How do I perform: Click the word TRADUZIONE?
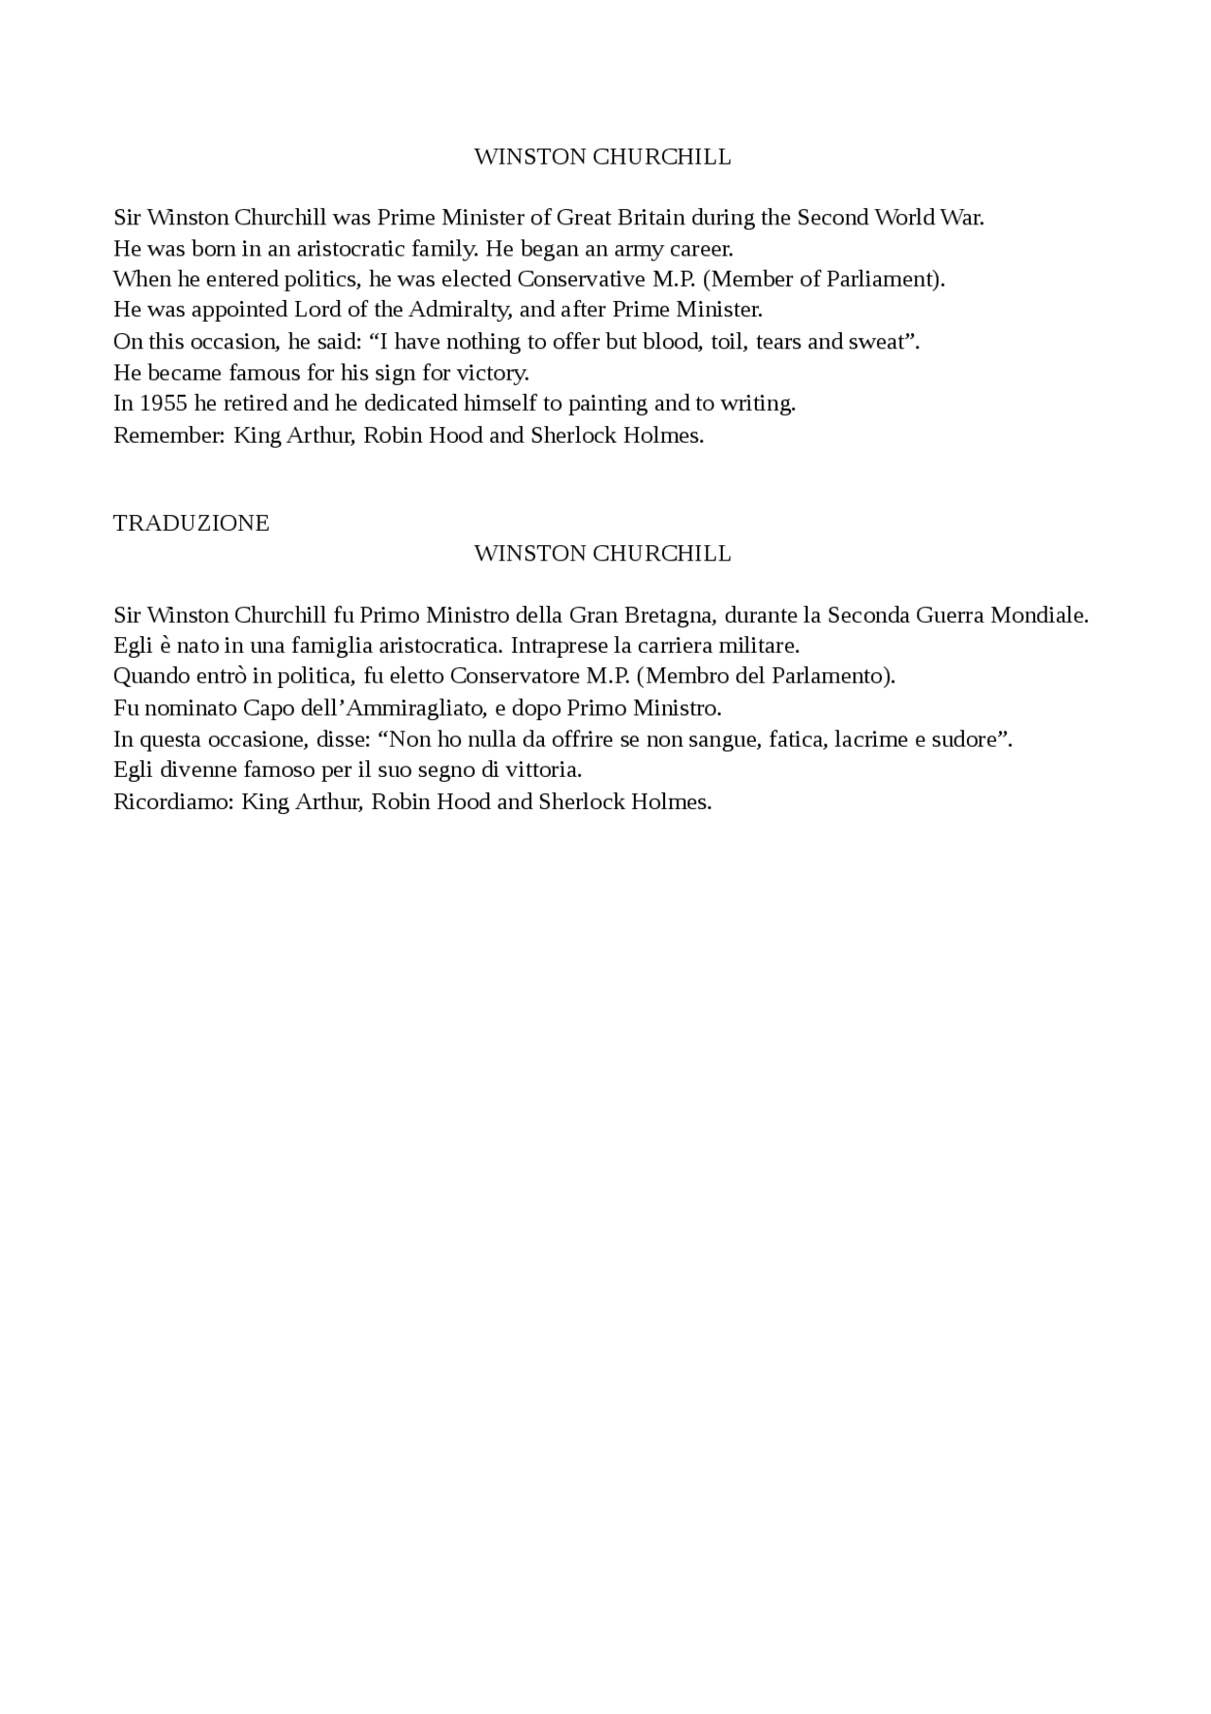click(x=191, y=523)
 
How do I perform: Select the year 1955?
click(x=164, y=403)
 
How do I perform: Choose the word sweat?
click(x=878, y=342)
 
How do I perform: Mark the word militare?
click(x=763, y=646)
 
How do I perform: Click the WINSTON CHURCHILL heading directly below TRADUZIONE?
click(x=603, y=554)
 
